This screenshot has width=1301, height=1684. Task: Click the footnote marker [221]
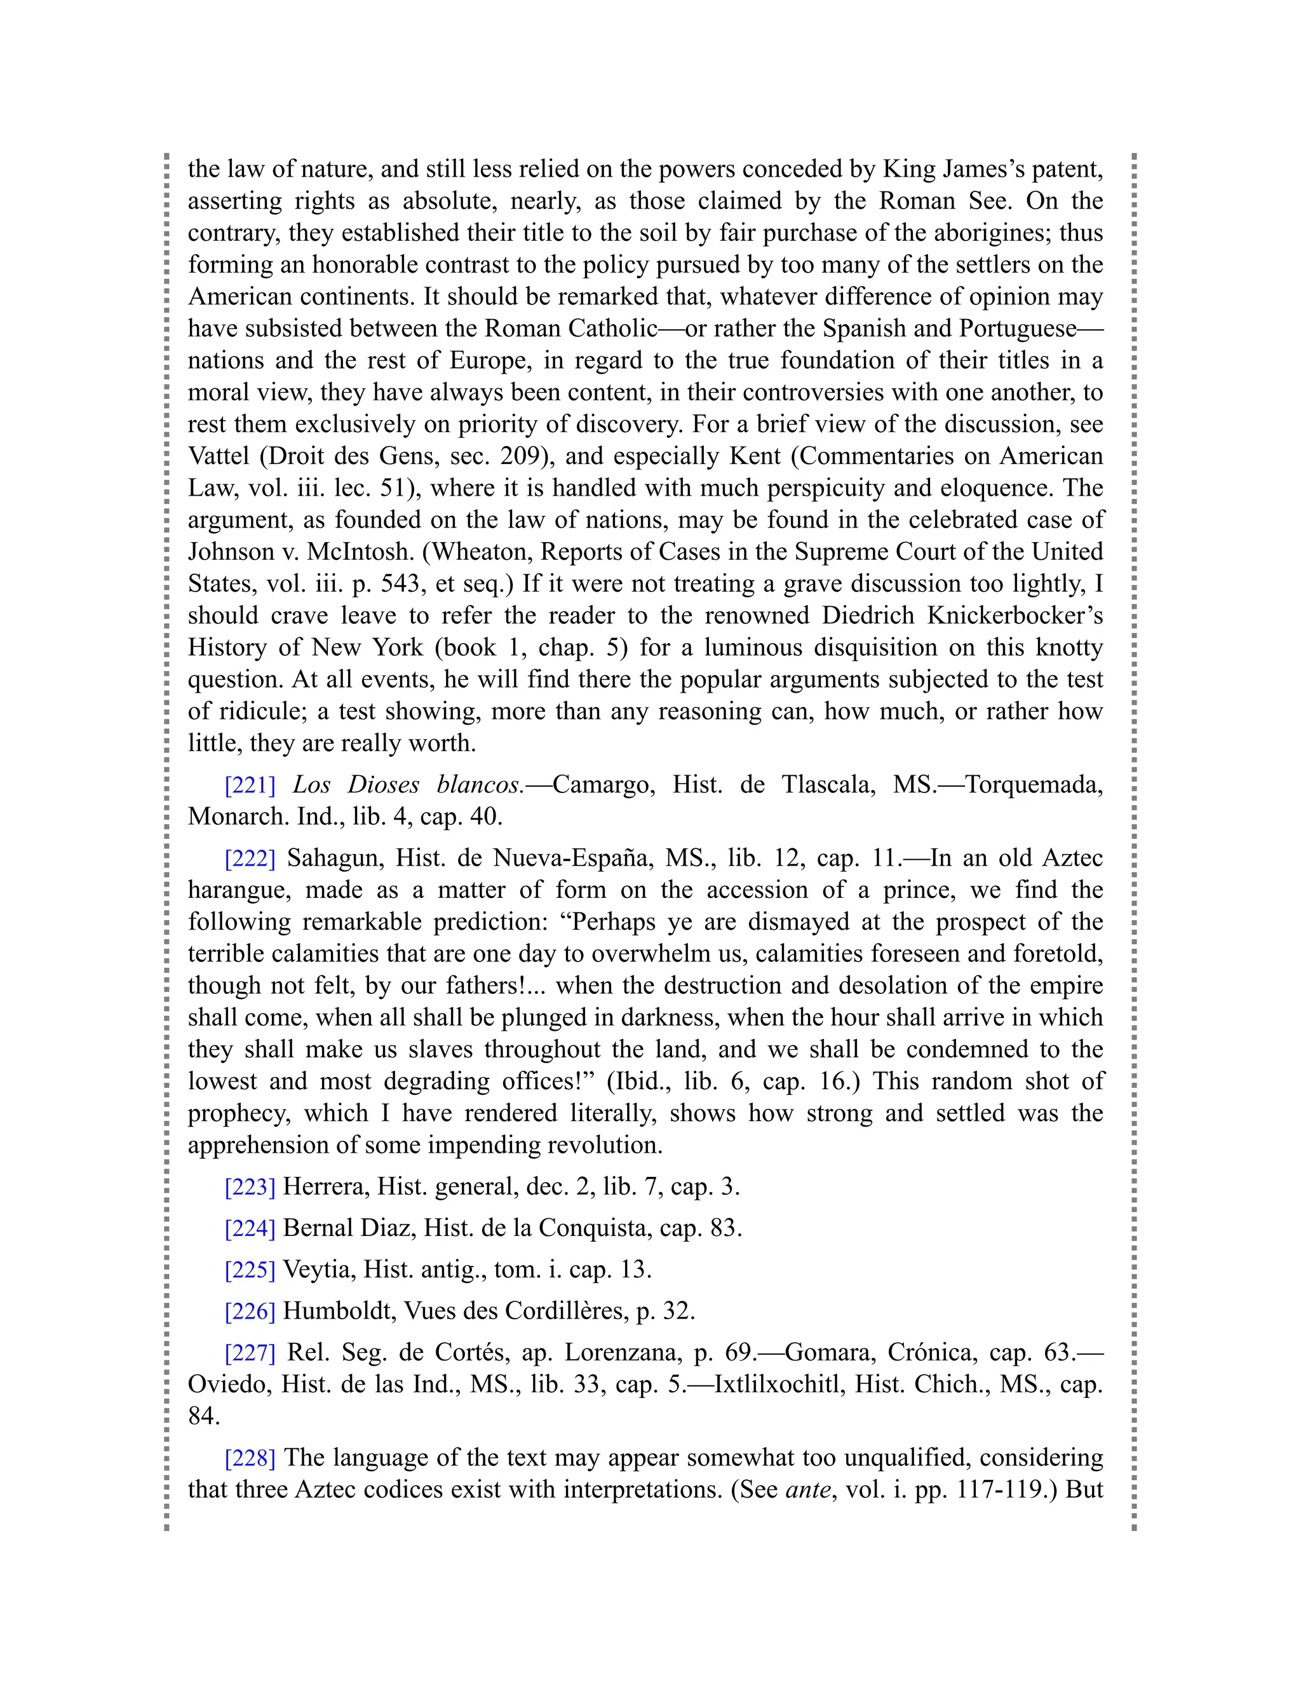pyautogui.click(x=250, y=785)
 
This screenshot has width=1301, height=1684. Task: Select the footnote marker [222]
pyautogui.click(x=250, y=858)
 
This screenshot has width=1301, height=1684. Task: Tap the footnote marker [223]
pyautogui.click(x=250, y=1186)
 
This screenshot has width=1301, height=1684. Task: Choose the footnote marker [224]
pyautogui.click(x=250, y=1228)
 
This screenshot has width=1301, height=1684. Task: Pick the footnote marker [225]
pyautogui.click(x=250, y=1270)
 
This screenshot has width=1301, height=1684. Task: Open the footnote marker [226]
pyautogui.click(x=250, y=1312)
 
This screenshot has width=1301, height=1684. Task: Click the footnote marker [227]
pyautogui.click(x=250, y=1353)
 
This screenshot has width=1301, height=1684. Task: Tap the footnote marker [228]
pyautogui.click(x=250, y=1458)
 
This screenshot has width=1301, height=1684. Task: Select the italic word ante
pyautogui.click(x=809, y=1490)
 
